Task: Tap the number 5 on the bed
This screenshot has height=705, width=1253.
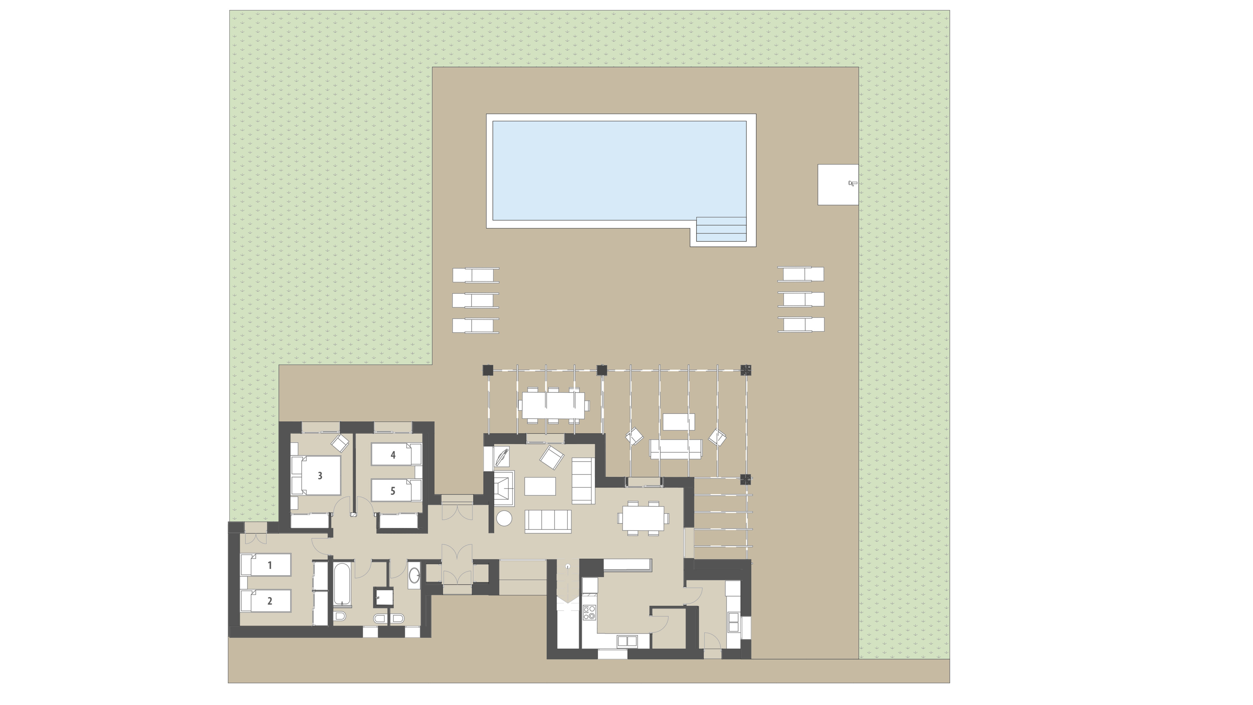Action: [393, 491]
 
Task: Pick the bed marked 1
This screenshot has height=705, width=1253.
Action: [266, 564]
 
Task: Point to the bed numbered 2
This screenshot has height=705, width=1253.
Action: [266, 601]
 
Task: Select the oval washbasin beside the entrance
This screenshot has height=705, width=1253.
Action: [414, 575]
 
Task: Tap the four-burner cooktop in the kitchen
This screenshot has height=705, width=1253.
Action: [589, 612]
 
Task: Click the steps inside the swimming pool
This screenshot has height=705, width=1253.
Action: [721, 229]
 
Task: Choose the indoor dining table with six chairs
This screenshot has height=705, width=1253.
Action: [643, 518]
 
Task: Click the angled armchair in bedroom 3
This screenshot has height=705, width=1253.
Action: [340, 442]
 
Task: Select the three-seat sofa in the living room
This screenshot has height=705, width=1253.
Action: [548, 521]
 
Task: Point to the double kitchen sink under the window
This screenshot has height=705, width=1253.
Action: [627, 641]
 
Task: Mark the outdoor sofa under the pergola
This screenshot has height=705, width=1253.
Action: [676, 449]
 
